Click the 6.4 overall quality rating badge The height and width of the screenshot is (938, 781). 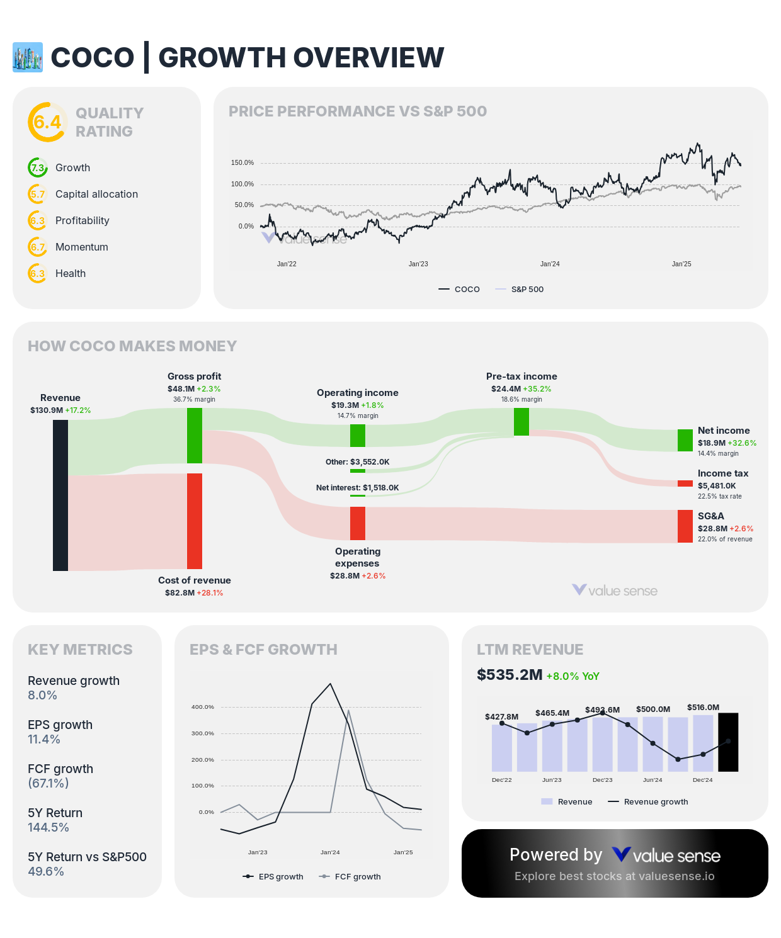pyautogui.click(x=47, y=122)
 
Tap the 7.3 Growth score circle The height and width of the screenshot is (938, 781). pyautogui.click(x=38, y=168)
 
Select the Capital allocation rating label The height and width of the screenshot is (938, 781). pyautogui.click(x=96, y=195)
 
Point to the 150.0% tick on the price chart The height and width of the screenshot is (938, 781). pyautogui.click(x=242, y=163)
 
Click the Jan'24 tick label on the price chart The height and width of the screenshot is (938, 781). pyautogui.click(x=550, y=264)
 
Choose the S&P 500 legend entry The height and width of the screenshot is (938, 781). pyautogui.click(x=527, y=290)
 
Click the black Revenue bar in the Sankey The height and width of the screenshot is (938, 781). pyautogui.click(x=60, y=495)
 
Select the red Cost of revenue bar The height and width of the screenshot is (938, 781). pyautogui.click(x=195, y=521)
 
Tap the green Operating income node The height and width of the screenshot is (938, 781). pyautogui.click(x=358, y=435)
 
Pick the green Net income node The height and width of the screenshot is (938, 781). pyautogui.click(x=685, y=440)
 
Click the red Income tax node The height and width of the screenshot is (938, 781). pyautogui.click(x=685, y=483)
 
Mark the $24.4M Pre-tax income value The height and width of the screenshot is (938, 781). pyautogui.click(x=506, y=389)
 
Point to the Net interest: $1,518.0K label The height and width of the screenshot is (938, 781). pyautogui.click(x=358, y=488)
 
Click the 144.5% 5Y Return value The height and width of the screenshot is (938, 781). pyautogui.click(x=48, y=828)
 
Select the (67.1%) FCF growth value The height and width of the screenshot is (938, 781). pyautogui.click(x=48, y=784)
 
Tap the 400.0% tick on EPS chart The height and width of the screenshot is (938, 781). pyautogui.click(x=203, y=707)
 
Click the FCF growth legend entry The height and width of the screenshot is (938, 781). pyautogui.click(x=357, y=877)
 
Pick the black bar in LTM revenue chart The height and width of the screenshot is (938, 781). pyautogui.click(x=728, y=742)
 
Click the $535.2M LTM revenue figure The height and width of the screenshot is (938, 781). pyautogui.click(x=510, y=675)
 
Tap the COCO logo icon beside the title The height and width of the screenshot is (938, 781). pyautogui.click(x=28, y=57)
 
